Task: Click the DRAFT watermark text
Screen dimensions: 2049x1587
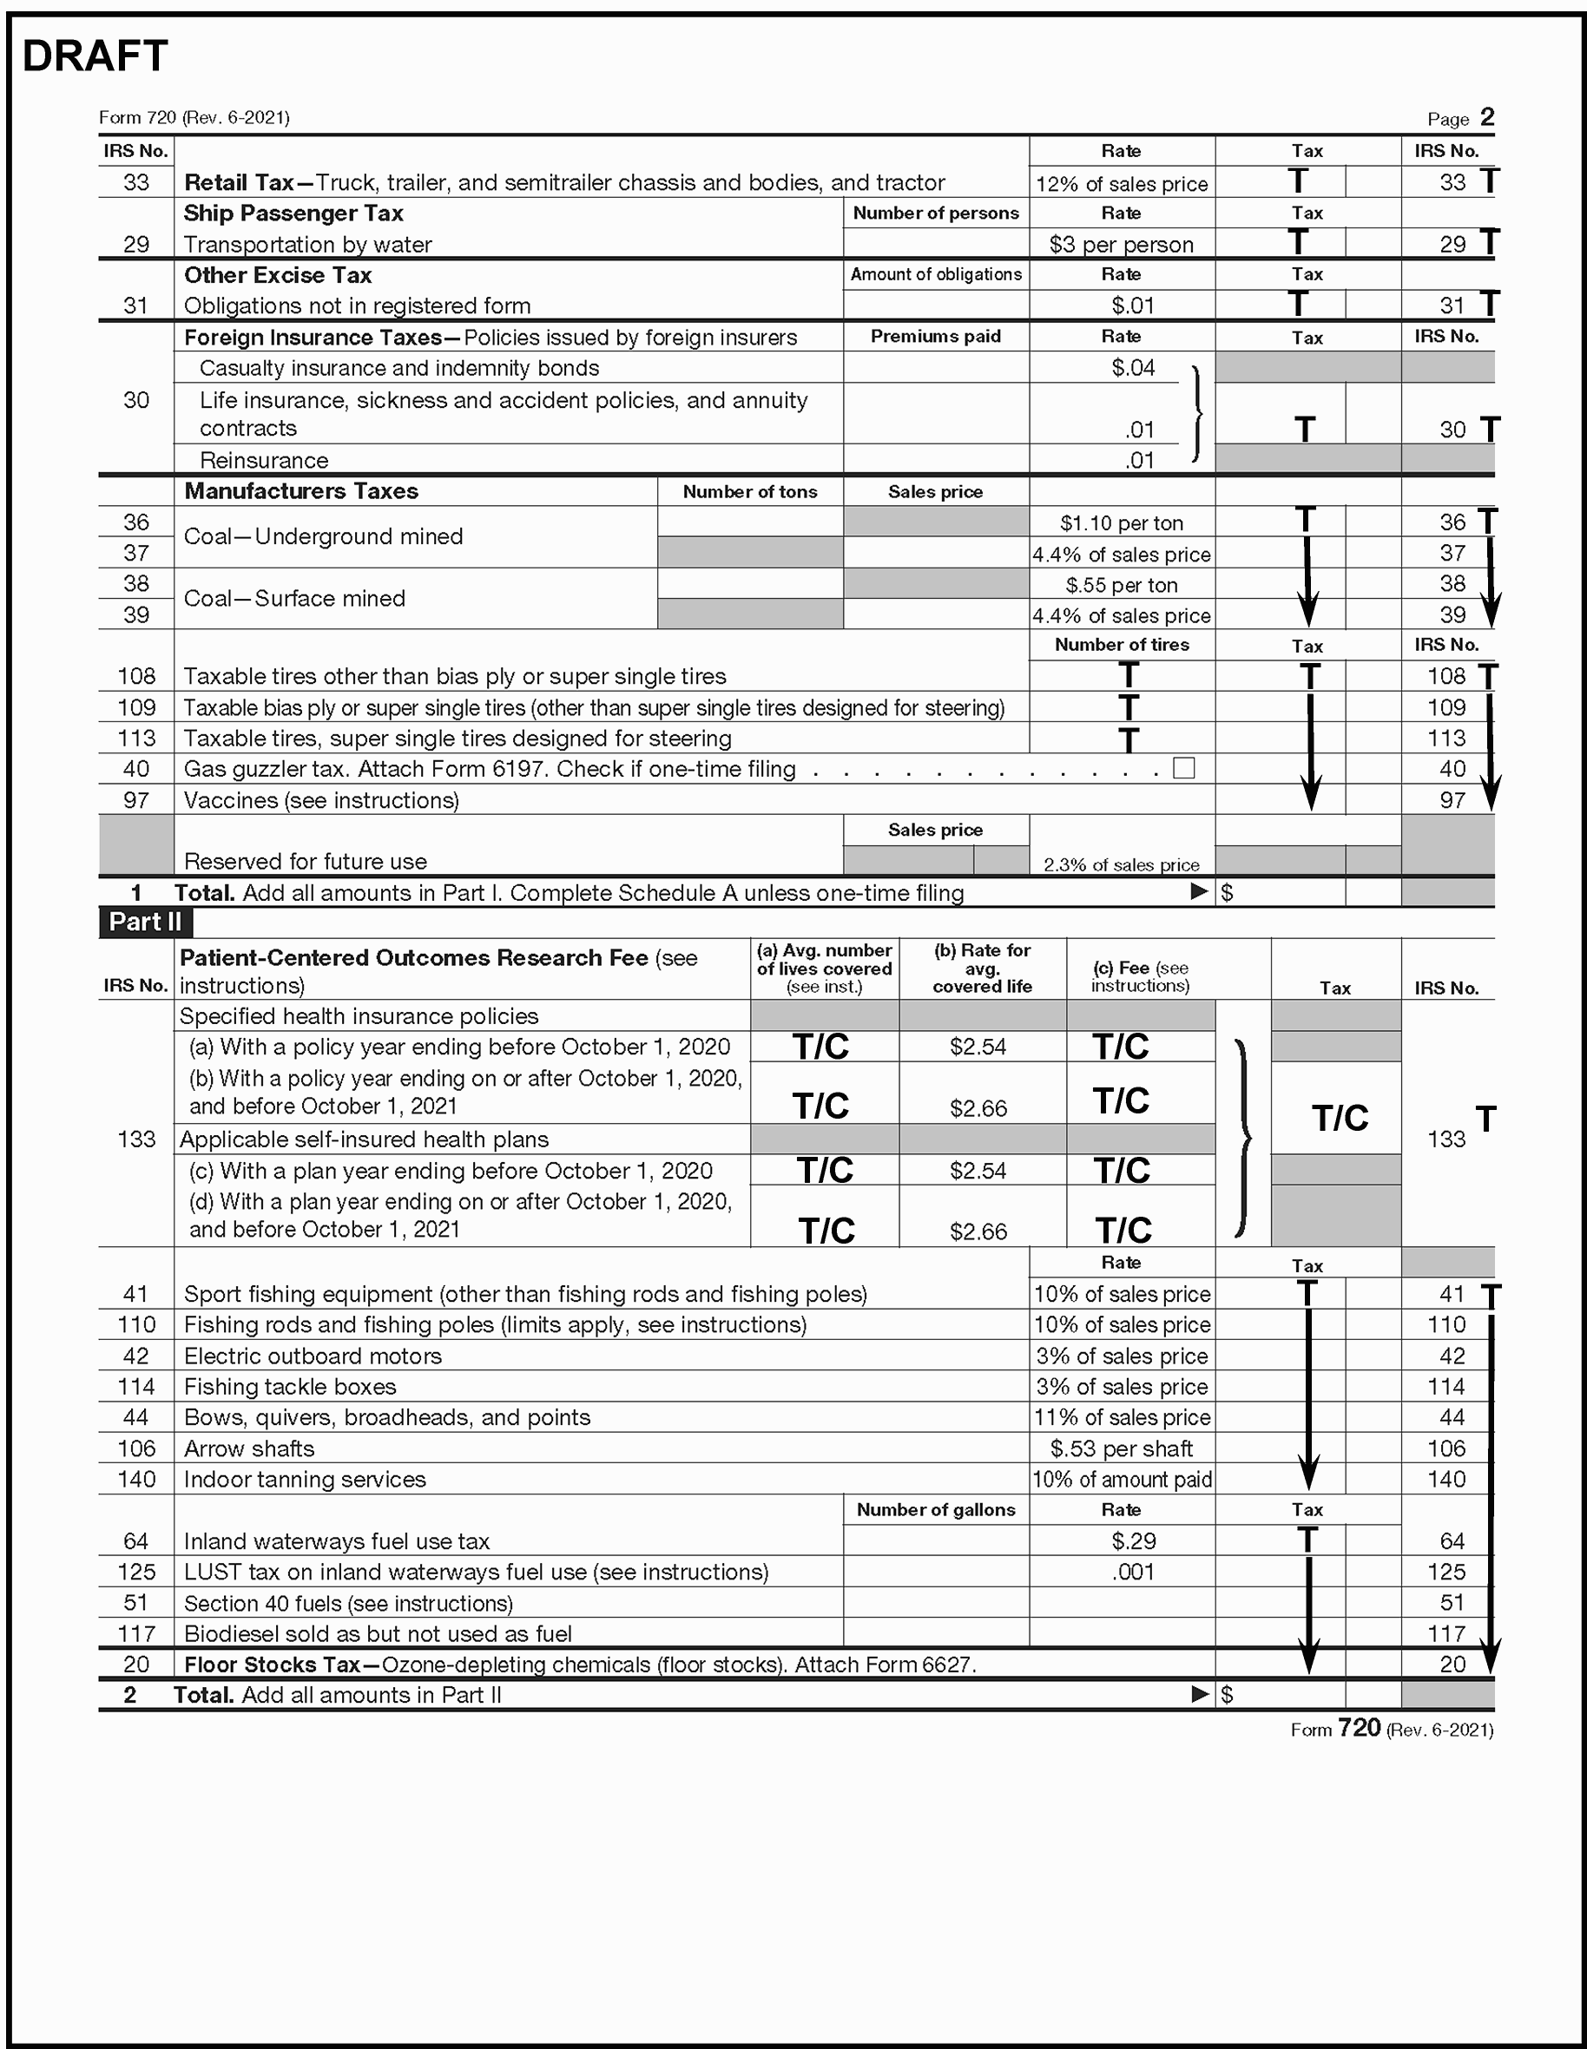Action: click(x=95, y=56)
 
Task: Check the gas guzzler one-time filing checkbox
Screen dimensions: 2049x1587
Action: click(x=1183, y=767)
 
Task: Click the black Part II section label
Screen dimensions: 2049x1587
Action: click(x=146, y=922)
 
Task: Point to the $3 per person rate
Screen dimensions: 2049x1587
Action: click(x=1121, y=245)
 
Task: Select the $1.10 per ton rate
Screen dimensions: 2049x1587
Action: click(x=1121, y=522)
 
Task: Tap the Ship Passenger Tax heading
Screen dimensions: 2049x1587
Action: click(x=293, y=213)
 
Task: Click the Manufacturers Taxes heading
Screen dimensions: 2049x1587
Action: click(x=300, y=490)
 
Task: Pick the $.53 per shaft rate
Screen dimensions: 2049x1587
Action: click(x=1121, y=1448)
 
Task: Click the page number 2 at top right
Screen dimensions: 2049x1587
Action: click(x=1486, y=117)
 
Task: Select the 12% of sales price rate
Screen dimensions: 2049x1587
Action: click(x=1121, y=184)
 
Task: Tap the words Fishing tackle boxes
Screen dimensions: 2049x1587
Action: click(x=290, y=1386)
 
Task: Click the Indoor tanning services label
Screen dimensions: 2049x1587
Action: click(x=304, y=1479)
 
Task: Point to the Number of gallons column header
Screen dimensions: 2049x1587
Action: click(x=935, y=1509)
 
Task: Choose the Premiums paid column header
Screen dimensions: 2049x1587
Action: click(x=935, y=336)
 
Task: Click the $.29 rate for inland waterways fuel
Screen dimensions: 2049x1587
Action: click(x=1133, y=1540)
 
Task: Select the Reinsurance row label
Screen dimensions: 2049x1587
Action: click(x=264, y=460)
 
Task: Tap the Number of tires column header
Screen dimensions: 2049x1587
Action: click(x=1121, y=645)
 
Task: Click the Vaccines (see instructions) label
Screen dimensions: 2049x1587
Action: click(x=321, y=800)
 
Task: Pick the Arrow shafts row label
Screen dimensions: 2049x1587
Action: click(x=248, y=1448)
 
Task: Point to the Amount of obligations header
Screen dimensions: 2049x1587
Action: click(x=935, y=274)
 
